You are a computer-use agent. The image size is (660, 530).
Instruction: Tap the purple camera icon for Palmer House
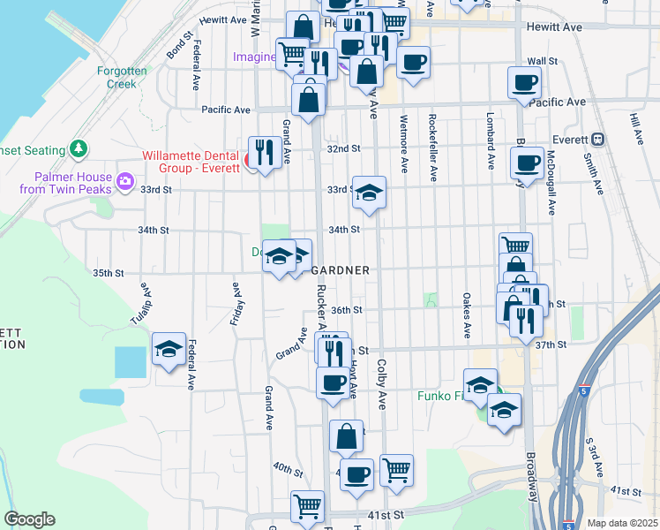pyautogui.click(x=125, y=182)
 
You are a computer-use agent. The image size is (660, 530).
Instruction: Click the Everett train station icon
pyautogui.click(x=597, y=139)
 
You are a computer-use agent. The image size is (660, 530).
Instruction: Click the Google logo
pyautogui.click(x=29, y=519)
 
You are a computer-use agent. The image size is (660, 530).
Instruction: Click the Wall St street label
pyautogui.click(x=542, y=61)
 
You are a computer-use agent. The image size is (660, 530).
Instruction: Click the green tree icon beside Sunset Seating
pyautogui.click(x=79, y=148)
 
